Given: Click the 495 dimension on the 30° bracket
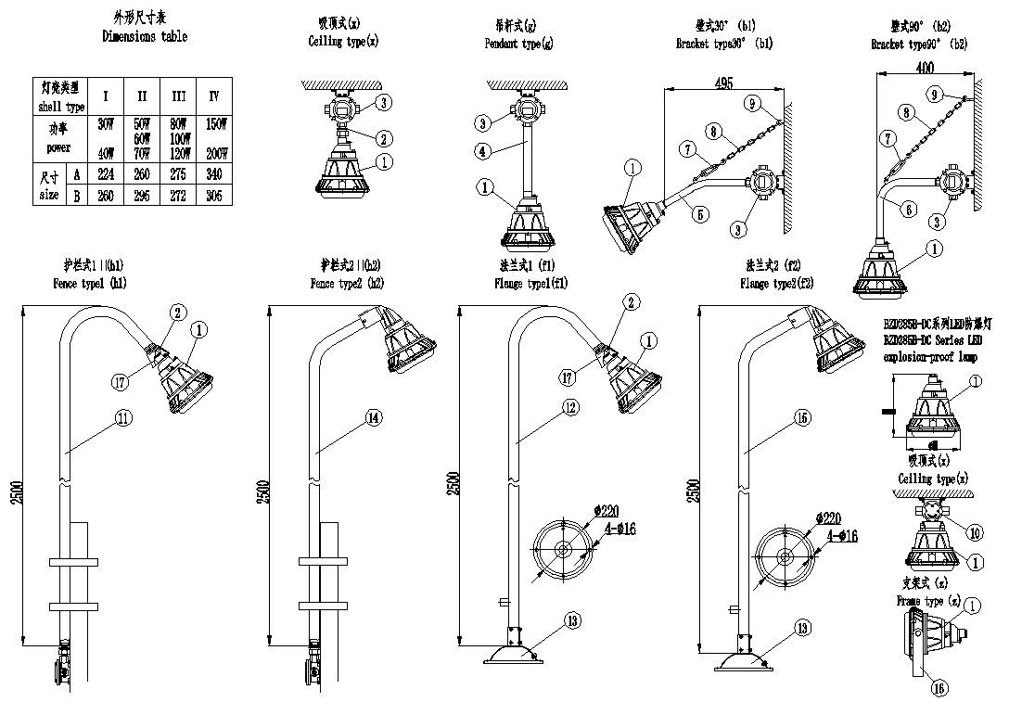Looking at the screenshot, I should (724, 83).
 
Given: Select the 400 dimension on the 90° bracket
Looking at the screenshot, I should (924, 68).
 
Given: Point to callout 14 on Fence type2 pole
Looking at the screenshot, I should (372, 419).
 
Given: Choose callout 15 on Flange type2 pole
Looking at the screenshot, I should (803, 418).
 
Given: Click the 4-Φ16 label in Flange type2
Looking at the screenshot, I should (838, 536).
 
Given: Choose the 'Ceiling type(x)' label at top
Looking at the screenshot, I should (343, 42).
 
